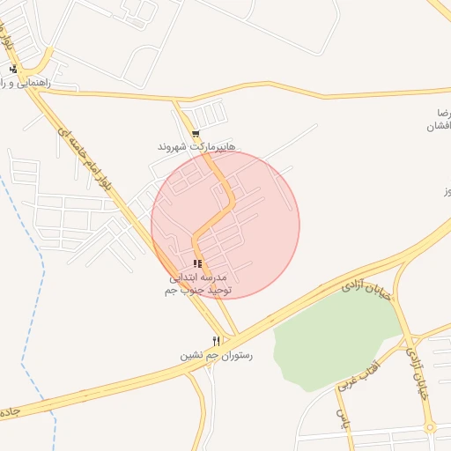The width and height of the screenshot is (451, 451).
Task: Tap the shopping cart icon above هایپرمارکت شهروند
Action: tap(195, 134)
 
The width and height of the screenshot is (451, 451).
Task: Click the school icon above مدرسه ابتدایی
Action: tap(197, 263)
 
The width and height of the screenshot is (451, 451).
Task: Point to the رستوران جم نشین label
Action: tap(216, 356)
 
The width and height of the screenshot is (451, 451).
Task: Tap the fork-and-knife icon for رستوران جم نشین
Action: tap(216, 341)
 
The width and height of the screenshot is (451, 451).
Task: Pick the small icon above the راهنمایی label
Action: tap(13, 69)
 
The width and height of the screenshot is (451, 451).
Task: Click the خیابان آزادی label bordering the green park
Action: tap(364, 285)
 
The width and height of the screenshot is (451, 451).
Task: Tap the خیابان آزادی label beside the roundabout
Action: tap(415, 370)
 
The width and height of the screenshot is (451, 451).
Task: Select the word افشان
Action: tap(438, 127)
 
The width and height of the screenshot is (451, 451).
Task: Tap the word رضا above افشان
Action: tap(443, 114)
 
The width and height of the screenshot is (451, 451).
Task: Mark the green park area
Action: tap(326, 339)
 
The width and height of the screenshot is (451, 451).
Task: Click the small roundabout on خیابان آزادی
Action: tap(430, 428)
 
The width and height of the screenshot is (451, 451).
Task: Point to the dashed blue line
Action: tap(35, 264)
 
